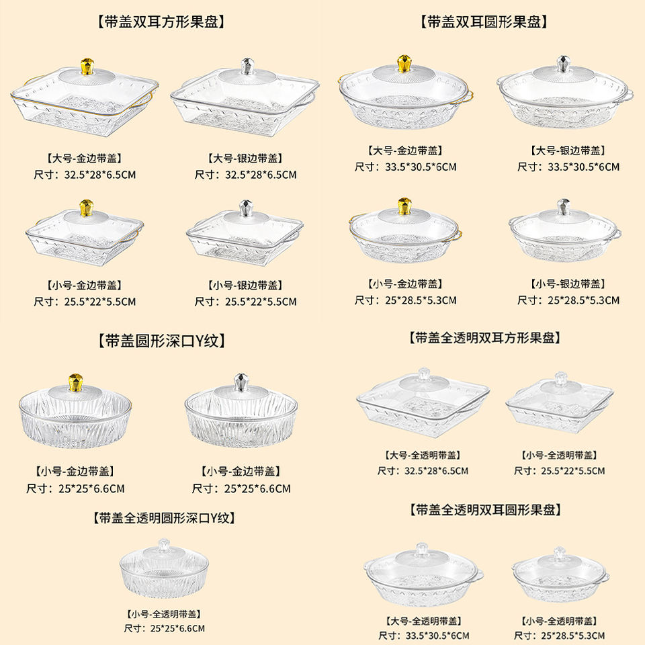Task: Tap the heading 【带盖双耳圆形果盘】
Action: pos(484,21)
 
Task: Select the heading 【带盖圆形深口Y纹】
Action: pos(161,341)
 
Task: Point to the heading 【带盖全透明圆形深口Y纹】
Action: pos(161,517)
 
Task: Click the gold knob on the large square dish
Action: pos(87,67)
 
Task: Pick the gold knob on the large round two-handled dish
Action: pos(403,64)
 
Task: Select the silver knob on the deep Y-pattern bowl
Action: pos(241,382)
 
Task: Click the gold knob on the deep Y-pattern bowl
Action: pos(74,382)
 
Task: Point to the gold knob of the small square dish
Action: pos(86,207)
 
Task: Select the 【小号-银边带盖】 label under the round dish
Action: pos(568,284)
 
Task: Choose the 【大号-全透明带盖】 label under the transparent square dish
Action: pos(423,456)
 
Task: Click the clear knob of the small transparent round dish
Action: pos(559,554)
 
